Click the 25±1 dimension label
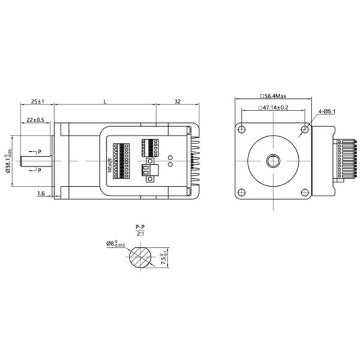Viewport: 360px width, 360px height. [38, 102]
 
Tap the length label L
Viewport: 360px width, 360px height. [105, 102]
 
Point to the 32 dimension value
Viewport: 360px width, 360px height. [178, 102]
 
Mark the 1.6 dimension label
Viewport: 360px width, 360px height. [41, 193]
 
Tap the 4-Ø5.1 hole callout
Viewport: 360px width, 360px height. [326, 112]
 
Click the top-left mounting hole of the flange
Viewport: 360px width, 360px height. [242, 129]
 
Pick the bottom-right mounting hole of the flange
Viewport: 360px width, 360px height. [305, 192]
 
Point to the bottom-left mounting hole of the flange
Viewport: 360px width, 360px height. [242, 192]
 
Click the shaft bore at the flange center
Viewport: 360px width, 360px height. [273, 161]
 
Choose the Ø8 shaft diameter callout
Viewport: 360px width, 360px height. [116, 244]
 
